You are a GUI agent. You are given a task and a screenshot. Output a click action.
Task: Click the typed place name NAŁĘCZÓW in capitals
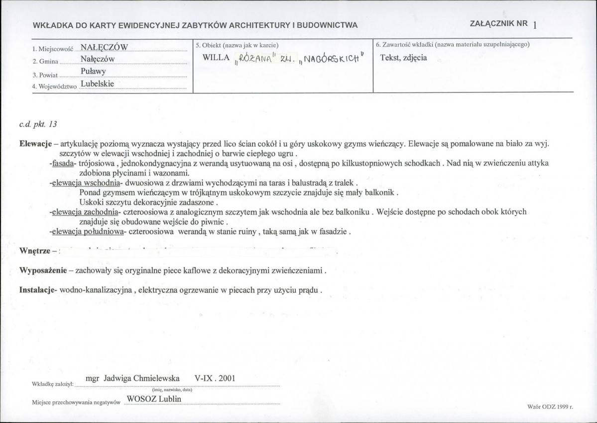105,47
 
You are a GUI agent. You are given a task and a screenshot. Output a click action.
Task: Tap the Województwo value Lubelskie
98,84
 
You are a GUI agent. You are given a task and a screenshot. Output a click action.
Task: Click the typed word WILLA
216,58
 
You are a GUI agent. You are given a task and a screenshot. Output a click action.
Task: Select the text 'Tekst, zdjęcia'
403,58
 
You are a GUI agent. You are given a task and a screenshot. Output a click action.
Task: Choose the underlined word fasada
65,163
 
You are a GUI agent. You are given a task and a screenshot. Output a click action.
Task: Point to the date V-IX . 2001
210,378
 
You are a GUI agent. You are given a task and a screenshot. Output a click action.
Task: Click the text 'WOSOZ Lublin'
154,399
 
